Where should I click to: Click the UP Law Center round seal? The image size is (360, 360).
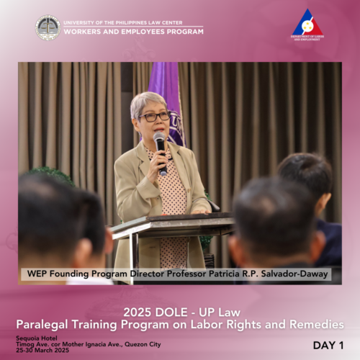[x=48, y=27]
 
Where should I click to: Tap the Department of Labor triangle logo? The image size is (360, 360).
[x=307, y=22]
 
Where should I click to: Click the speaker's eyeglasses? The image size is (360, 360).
[x=154, y=117]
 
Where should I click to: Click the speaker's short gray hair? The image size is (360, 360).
[x=146, y=103]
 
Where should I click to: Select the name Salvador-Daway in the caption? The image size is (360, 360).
[x=294, y=274]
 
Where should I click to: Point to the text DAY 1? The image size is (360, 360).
[x=328, y=346]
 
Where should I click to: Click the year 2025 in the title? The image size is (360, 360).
[x=138, y=312]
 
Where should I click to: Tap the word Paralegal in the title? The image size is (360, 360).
[x=42, y=325]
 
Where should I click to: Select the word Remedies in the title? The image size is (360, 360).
[x=317, y=325]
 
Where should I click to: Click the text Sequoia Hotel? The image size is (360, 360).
[x=37, y=338]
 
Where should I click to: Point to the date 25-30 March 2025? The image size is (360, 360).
[x=42, y=350]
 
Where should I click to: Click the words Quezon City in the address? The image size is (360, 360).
[x=143, y=344]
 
